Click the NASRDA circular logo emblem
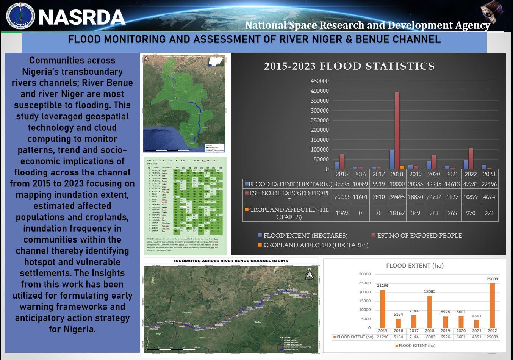pyautogui.click(x=20, y=16)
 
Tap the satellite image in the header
pyautogui.click(x=491, y=12)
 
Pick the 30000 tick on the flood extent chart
pyautogui.click(x=365, y=274)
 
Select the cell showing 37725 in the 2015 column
pyautogui.click(x=341, y=184)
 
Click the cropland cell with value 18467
pyautogui.click(x=397, y=213)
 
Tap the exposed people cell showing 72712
pyautogui.click(x=434, y=197)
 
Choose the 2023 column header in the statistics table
pyautogui.click(x=489, y=174)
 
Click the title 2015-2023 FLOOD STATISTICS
pyautogui.click(x=349, y=66)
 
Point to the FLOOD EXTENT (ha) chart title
pyautogui.click(x=414, y=266)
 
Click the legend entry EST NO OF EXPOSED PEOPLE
pyautogui.click(x=419, y=236)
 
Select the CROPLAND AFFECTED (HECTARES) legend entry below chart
pyautogui.click(x=316, y=245)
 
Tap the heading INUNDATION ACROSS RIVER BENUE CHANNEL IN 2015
pyautogui.click(x=231, y=261)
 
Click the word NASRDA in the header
pyautogui.click(x=82, y=17)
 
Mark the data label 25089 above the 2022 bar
pyautogui.click(x=492, y=279)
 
